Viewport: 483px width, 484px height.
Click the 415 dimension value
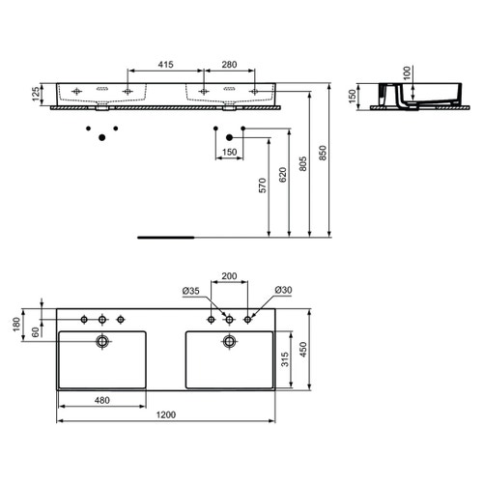165,65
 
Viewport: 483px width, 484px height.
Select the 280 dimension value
229,65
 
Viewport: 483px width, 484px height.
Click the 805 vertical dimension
304,173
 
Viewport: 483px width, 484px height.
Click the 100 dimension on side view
407,72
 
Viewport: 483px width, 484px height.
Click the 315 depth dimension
287,360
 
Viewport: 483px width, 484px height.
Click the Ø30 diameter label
282,291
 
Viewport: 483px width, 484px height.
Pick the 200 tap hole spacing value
229,275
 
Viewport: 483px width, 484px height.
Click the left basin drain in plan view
101,341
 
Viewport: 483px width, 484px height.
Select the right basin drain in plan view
229,341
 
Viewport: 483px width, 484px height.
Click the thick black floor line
167,235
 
